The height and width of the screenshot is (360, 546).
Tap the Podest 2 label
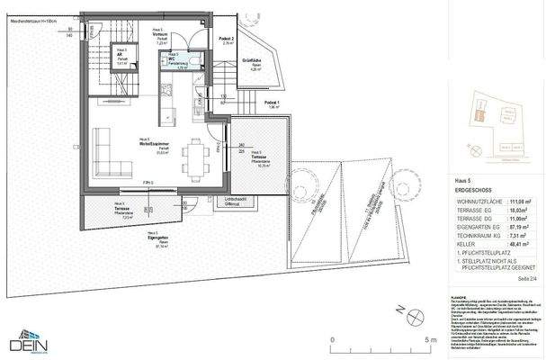[228, 40]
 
